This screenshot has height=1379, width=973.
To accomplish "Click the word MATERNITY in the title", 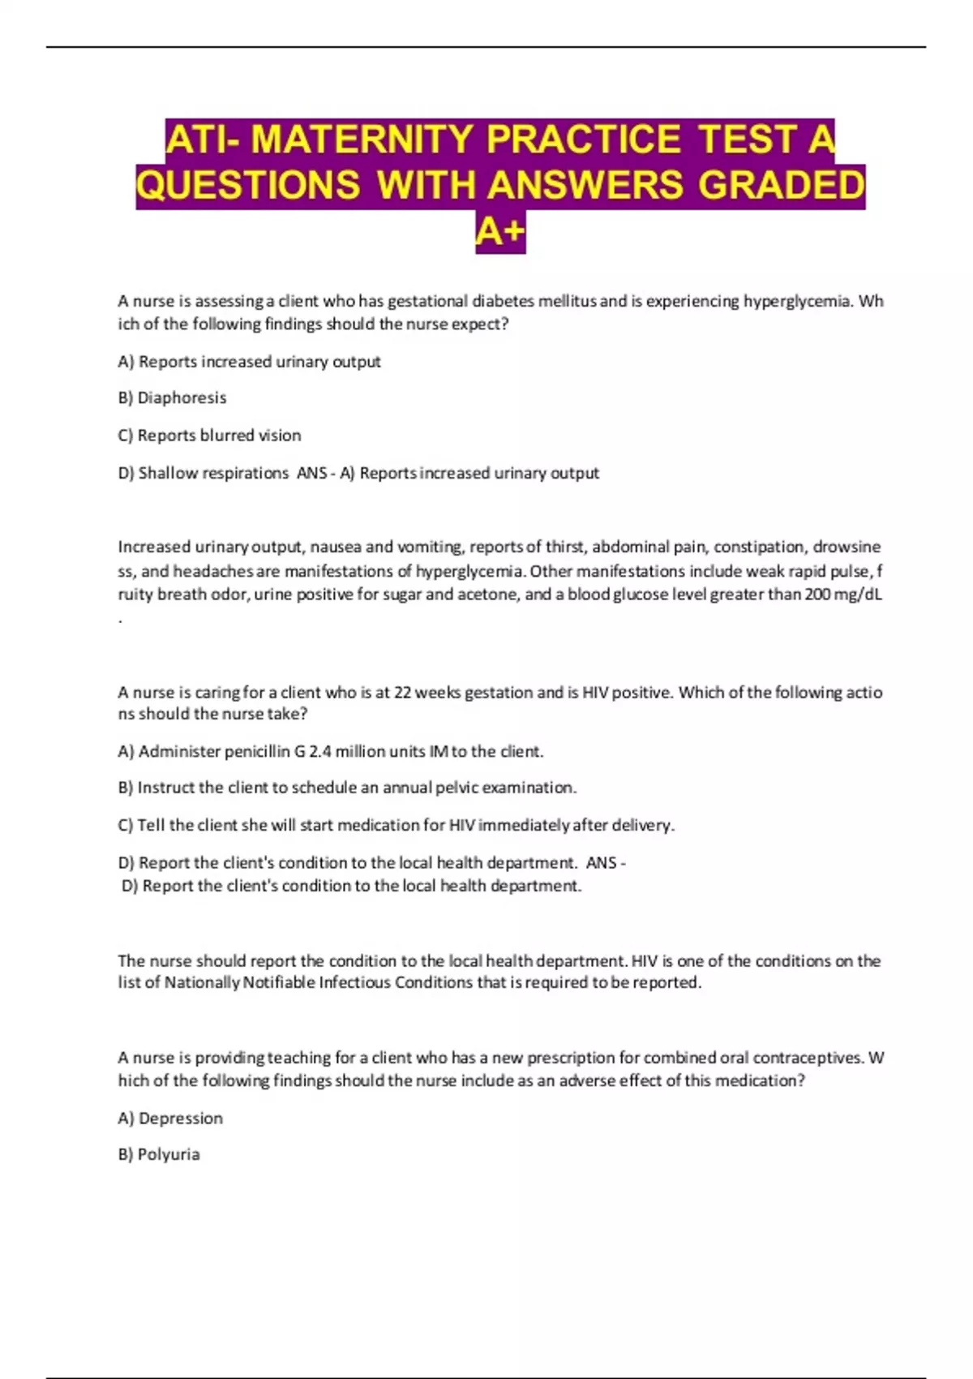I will pyautogui.click(x=362, y=139).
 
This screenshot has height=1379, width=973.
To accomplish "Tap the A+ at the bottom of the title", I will pyautogui.click(x=500, y=233).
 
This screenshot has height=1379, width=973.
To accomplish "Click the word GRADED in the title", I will pyautogui.click(x=782, y=185).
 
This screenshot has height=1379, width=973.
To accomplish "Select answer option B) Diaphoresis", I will pyautogui.click(x=172, y=397).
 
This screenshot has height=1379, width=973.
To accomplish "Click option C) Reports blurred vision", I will pyautogui.click(x=209, y=435).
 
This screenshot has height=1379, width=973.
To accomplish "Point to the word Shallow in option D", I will pyautogui.click(x=168, y=472).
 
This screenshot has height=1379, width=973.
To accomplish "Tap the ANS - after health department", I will pyautogui.click(x=605, y=862).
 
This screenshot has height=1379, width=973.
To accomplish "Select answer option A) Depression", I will pyautogui.click(x=170, y=1118).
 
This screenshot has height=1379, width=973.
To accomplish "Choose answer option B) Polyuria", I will pyautogui.click(x=159, y=1153).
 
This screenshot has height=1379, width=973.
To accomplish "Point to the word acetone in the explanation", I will pyautogui.click(x=488, y=594).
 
